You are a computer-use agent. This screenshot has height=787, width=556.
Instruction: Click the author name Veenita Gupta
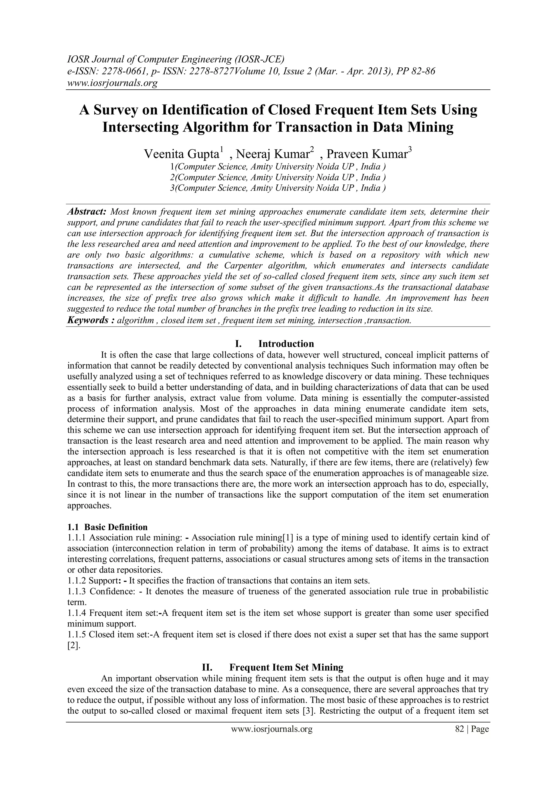182,154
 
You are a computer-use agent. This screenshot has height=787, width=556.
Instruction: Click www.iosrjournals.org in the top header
112,83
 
